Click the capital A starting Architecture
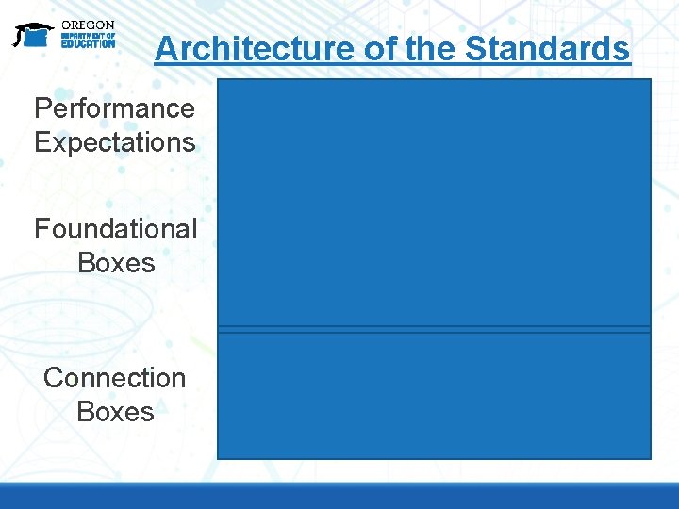(165, 48)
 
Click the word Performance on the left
(114, 108)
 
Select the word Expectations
(114, 142)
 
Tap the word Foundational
(116, 229)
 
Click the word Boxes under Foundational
(116, 263)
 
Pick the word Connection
(115, 378)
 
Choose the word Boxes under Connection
(115, 412)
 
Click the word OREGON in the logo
(88, 25)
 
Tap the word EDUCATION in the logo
(88, 43)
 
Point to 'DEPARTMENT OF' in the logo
(88, 35)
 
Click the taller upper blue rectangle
(434, 203)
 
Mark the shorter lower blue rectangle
(434, 396)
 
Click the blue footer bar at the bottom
(339, 496)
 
